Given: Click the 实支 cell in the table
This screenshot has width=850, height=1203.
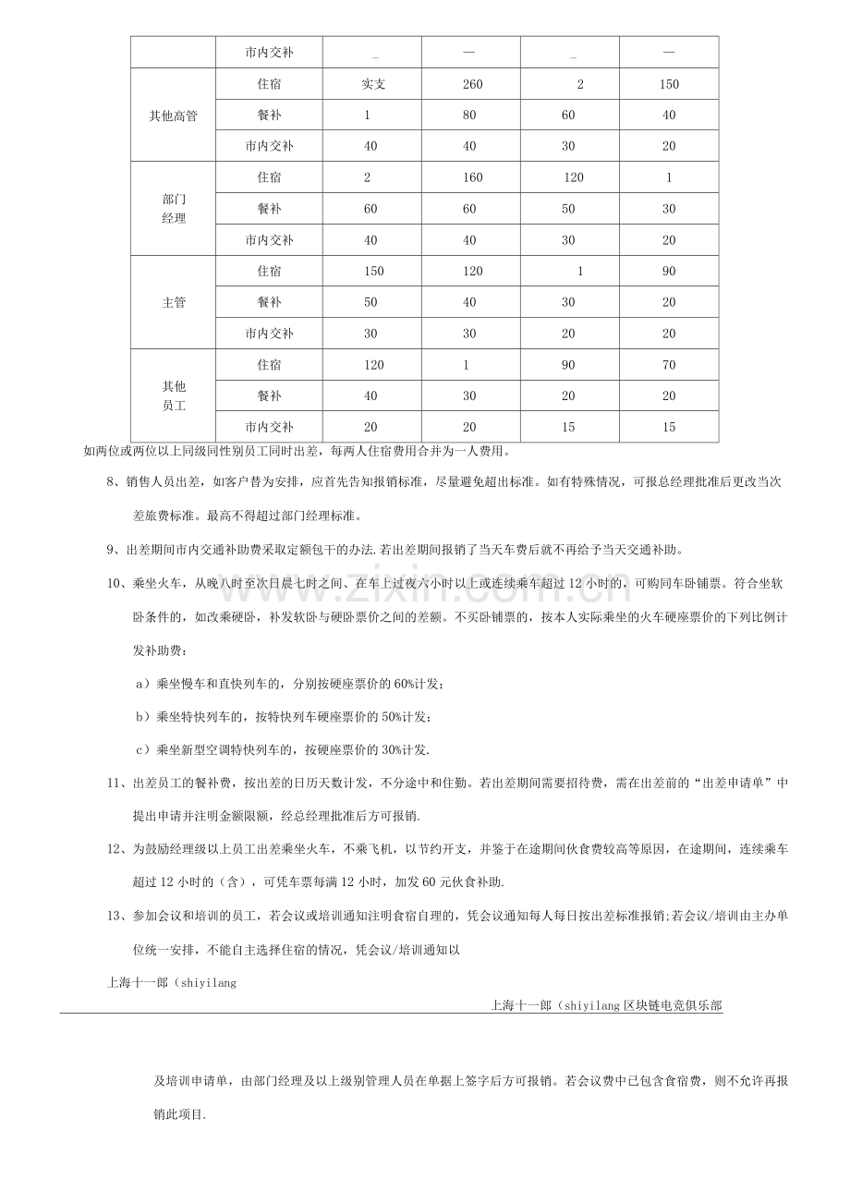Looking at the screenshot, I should tap(373, 84).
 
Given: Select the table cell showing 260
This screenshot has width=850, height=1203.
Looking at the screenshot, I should tap(471, 84).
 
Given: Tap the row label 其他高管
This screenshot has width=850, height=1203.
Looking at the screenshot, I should tap(173, 115).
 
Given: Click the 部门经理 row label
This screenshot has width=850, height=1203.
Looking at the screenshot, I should tap(173, 209).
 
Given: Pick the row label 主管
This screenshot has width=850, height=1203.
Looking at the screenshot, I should tap(173, 302).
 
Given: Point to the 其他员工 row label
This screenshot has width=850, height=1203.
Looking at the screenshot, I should tap(173, 395).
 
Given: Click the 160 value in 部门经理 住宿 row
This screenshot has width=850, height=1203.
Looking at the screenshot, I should tap(471, 177).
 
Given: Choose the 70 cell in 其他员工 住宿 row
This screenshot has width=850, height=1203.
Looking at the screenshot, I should tap(669, 364).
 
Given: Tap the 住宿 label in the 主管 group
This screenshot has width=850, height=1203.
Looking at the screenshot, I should tap(269, 271).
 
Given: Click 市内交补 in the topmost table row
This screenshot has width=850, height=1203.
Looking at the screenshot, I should tap(269, 53).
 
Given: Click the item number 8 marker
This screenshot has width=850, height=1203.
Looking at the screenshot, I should tap(114, 481).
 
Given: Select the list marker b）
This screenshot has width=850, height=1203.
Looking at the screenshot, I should tap(142, 716).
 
